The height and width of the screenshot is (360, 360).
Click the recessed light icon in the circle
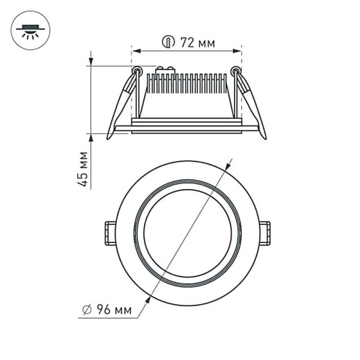pyautogui.click(x=30, y=30)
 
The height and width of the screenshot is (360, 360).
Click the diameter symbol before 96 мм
pyautogui.click(x=87, y=310)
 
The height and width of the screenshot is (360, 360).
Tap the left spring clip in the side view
pyautogui.click(x=123, y=102)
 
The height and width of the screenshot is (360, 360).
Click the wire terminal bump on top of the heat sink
pyautogui.click(x=164, y=70)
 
